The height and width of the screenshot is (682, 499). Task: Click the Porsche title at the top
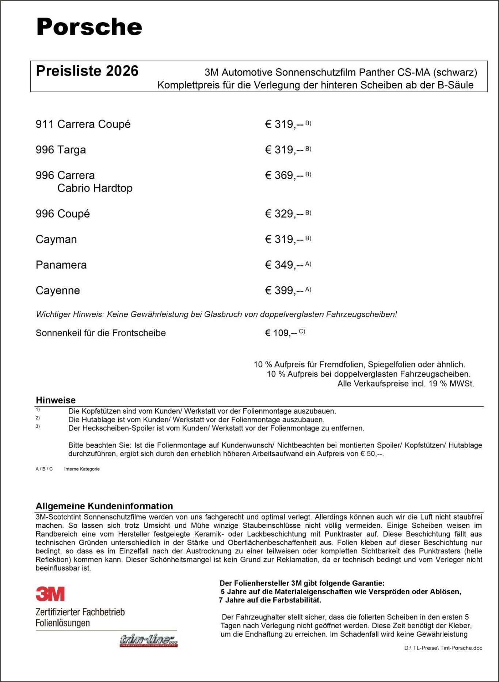coord(89,27)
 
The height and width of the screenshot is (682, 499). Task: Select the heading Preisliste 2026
coord(87,71)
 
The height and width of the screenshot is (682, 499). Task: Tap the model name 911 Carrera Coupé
coord(83,124)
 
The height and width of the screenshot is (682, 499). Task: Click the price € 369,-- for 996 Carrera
coord(284,175)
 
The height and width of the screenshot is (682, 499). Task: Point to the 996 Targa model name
coord(61,150)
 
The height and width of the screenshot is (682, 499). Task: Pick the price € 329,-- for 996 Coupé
coord(284,214)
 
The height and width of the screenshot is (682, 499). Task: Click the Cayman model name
coord(56,239)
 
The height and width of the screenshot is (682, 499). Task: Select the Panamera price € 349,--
coord(284,265)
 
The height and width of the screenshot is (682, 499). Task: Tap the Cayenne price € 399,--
coord(284,290)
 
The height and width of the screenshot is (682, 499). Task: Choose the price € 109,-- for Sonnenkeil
coord(281,333)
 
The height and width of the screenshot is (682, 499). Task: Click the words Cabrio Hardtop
coord(95,188)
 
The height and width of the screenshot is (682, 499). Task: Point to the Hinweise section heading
coord(56,400)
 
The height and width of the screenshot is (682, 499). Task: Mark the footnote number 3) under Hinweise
coord(38,426)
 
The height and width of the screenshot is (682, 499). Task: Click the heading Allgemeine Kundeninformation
coord(104,506)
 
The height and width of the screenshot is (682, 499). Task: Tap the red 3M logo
coord(50,594)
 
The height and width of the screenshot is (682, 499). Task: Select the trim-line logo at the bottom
coord(148,640)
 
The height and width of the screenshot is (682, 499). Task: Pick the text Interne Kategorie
coord(82,469)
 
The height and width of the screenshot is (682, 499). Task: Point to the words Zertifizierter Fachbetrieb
coord(80,612)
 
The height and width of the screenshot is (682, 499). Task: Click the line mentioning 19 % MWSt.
coord(405,384)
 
